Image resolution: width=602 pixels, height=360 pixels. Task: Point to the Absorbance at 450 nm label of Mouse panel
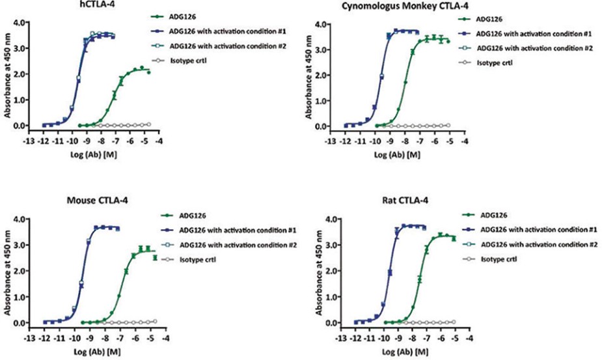coord(7,270)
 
